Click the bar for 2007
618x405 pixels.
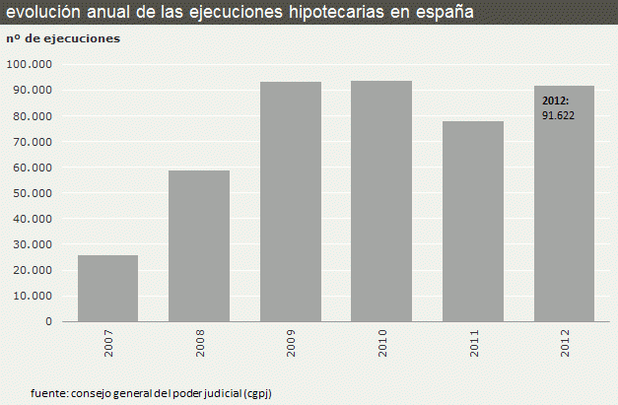107,288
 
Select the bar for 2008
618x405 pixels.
199,245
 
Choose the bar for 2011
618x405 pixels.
473,221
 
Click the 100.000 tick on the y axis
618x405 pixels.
30,64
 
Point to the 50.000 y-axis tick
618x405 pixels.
33,192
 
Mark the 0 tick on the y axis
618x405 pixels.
48,321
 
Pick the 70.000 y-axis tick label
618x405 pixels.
33,141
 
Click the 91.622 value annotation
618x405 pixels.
558,115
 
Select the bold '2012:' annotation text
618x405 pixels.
556,101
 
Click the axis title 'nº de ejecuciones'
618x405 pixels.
63,38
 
